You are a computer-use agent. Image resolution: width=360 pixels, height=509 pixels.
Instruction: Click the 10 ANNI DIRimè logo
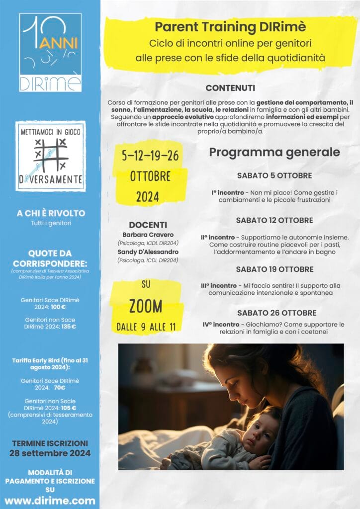50,52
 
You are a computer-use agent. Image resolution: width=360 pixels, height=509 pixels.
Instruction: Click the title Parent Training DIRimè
230,27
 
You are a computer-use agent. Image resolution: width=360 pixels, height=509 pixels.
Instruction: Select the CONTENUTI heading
230,88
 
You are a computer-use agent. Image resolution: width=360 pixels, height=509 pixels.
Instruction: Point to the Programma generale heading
274,152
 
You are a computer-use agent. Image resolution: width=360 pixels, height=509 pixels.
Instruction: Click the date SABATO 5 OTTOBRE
274,175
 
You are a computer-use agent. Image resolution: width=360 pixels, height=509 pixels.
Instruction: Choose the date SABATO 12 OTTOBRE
274,220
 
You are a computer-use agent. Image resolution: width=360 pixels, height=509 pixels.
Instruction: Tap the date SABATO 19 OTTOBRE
274,269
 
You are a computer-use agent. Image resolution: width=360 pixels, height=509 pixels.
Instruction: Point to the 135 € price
67,327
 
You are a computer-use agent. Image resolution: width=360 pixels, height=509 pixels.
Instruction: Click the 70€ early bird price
61,387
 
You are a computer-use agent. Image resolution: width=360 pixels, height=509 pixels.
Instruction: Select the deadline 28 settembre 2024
50,453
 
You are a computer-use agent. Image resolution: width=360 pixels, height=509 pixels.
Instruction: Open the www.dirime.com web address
50,500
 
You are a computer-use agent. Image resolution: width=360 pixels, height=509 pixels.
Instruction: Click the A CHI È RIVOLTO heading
50,213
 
